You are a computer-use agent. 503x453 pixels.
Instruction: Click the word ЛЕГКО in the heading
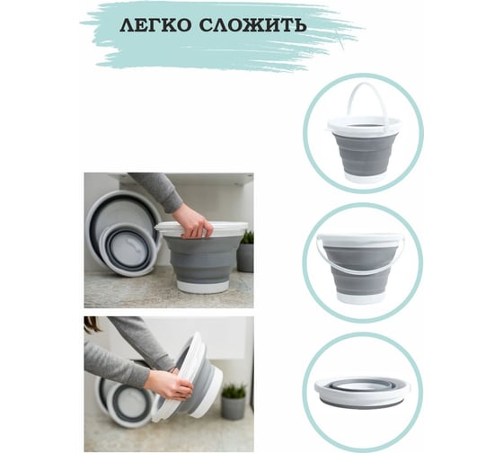(x=155, y=25)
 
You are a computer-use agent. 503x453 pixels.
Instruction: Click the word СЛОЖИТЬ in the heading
(x=252, y=25)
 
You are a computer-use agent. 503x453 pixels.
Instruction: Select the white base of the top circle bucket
(x=365, y=178)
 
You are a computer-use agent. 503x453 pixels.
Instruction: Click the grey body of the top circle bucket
(x=365, y=154)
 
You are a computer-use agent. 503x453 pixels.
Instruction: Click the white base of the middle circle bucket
(x=360, y=298)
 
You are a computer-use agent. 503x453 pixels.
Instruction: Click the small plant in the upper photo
(x=247, y=237)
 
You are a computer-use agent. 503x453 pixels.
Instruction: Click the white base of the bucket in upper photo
(x=203, y=287)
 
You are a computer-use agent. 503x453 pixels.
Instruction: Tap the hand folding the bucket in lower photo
(x=169, y=385)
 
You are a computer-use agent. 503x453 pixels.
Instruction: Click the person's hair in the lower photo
(x=92, y=324)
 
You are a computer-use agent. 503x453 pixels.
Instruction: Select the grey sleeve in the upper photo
(x=157, y=191)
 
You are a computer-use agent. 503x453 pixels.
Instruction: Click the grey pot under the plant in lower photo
(x=234, y=408)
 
